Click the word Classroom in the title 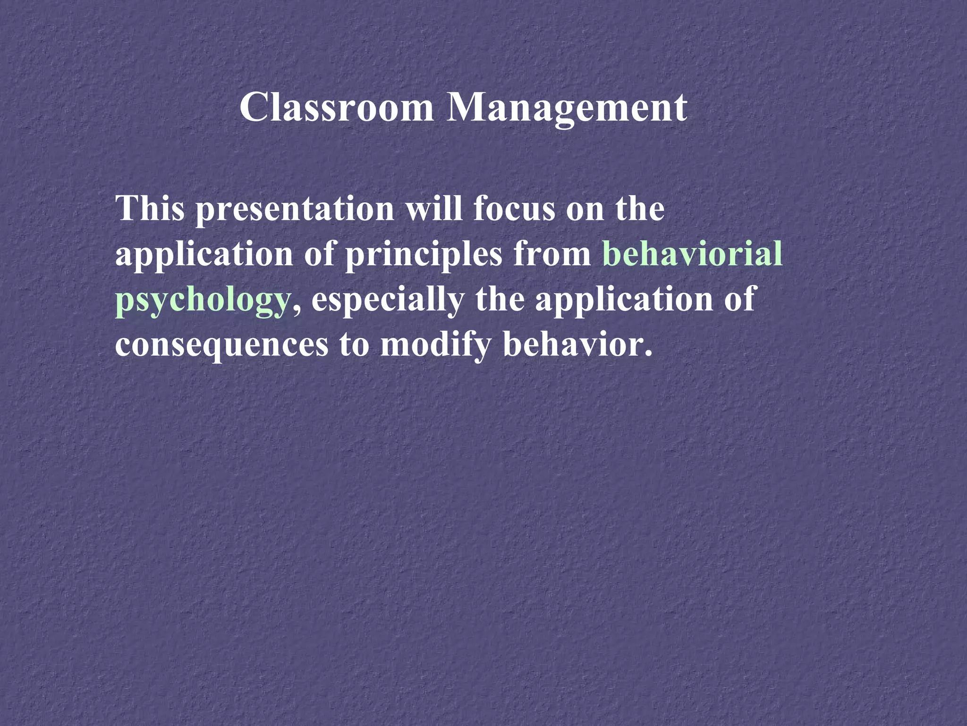[336, 108]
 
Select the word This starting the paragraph [150, 208]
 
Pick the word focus [514, 208]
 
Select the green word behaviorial [692, 254]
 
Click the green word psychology [202, 301]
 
